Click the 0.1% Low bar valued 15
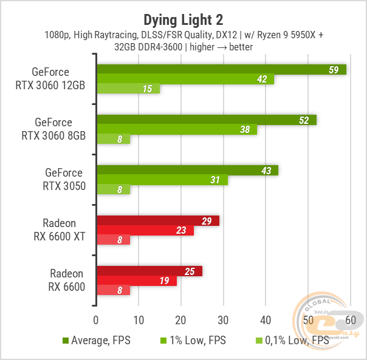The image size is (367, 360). coord(128,89)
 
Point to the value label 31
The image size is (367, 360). coord(214,180)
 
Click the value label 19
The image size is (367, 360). coord(164,281)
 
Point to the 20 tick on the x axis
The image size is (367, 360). coord(180,320)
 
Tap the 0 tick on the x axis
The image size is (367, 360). coord(96,320)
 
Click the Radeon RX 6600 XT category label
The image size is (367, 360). coord(60,230)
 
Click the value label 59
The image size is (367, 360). coord(333,70)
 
